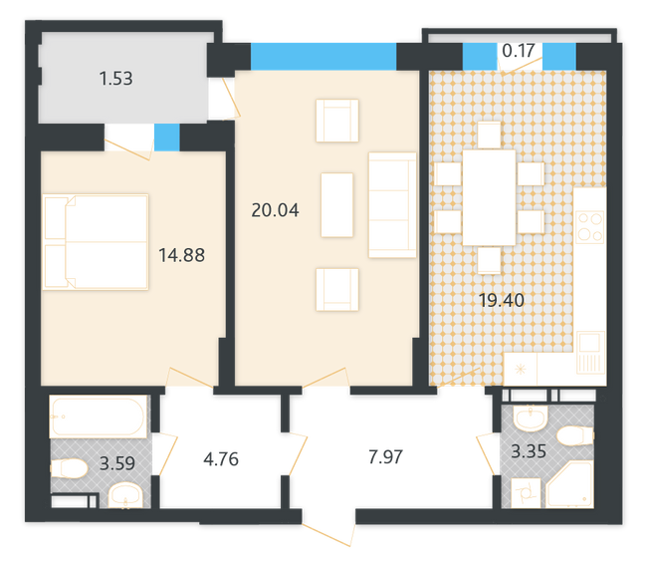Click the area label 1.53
click(116, 78)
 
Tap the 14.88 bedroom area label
click(181, 254)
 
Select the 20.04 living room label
click(276, 210)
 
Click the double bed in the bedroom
click(96, 242)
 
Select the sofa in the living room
click(391, 205)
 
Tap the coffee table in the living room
click(336, 204)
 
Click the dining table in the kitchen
click(489, 196)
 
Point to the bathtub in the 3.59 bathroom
click(99, 418)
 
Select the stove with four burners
click(590, 225)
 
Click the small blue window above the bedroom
click(166, 137)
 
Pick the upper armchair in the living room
click(336, 120)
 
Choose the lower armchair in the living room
click(336, 289)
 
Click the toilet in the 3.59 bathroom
click(72, 469)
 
